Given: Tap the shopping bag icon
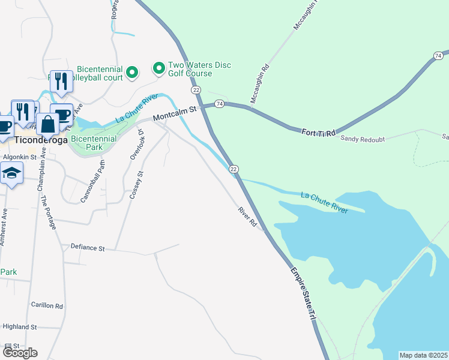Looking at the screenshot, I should pos(48,124).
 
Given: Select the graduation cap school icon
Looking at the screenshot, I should pos(11,174).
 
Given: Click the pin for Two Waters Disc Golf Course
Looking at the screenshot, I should pos(159,69).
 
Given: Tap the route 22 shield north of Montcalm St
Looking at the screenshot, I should pos(196,89).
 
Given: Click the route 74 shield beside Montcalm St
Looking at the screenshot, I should pos(220,104).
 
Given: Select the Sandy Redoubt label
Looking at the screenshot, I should pos(361,138).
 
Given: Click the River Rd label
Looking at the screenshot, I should pos(247,217).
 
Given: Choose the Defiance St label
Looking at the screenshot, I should pos(88,247).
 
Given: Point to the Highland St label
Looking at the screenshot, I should pos(20,327).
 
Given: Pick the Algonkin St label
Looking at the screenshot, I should pos(20,157).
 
